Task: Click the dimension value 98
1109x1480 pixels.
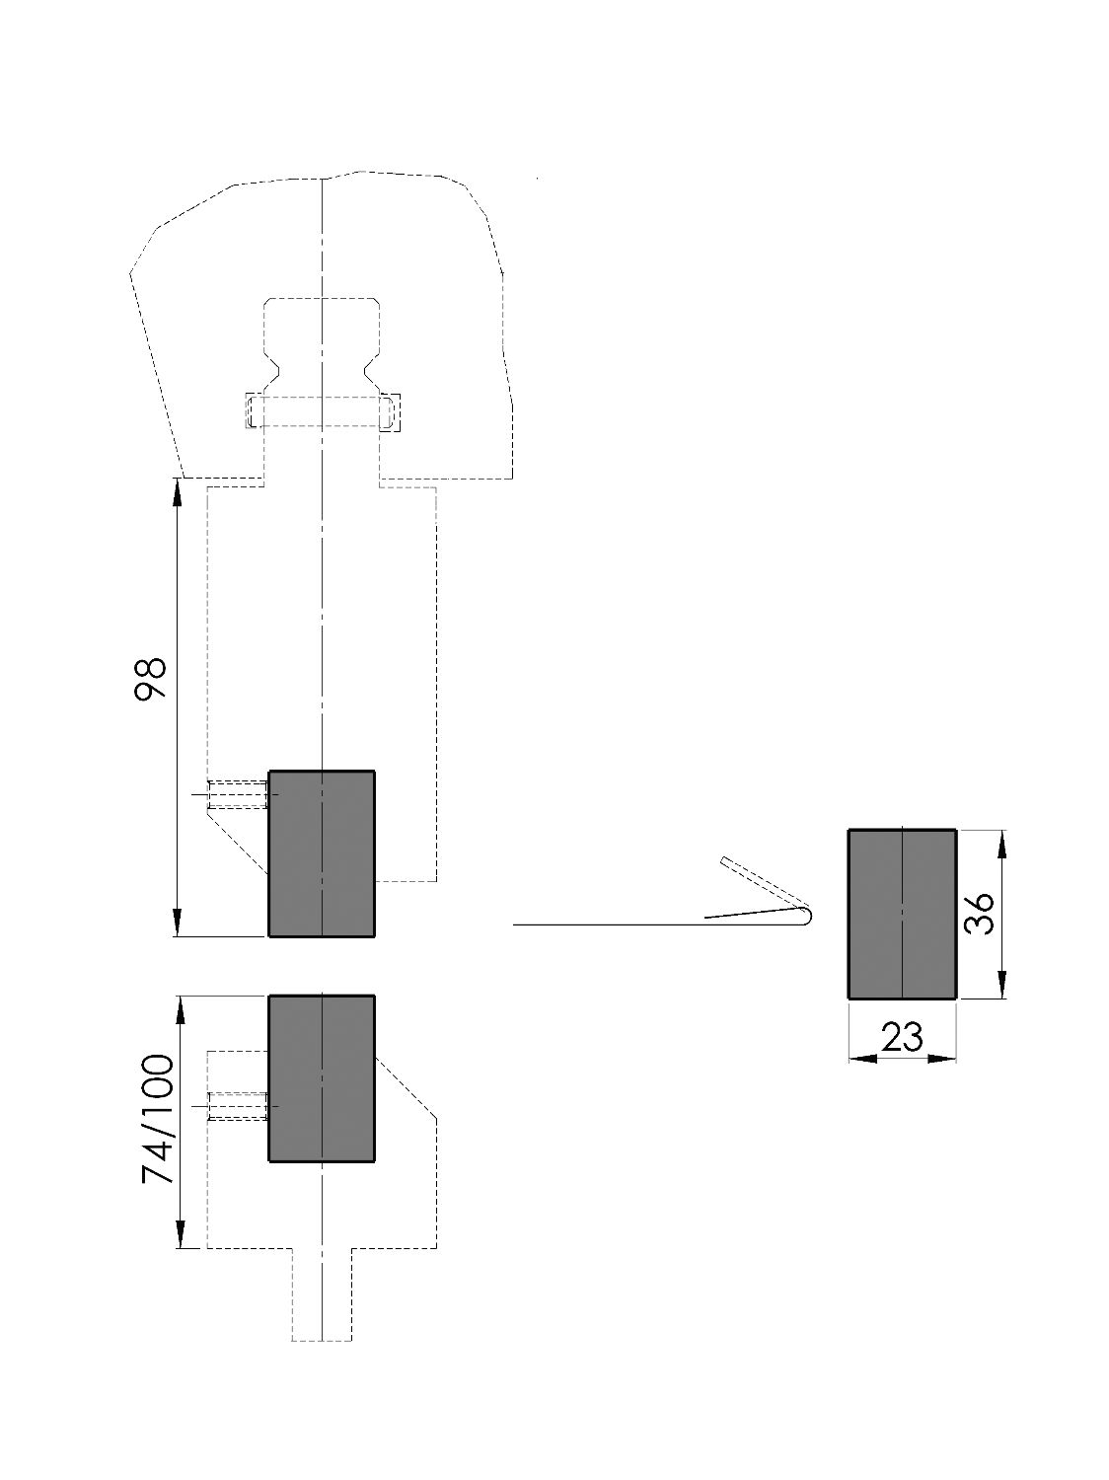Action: (151, 679)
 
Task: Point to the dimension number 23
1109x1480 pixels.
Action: (902, 1037)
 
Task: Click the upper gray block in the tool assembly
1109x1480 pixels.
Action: (322, 852)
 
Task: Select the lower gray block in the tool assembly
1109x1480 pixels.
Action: (322, 1077)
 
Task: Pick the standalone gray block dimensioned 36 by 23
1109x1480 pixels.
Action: (902, 914)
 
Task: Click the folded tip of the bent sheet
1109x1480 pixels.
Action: (806, 916)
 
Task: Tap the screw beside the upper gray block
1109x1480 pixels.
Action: (237, 793)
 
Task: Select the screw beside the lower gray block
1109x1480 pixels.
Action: (237, 1106)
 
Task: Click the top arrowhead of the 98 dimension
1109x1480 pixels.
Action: (178, 490)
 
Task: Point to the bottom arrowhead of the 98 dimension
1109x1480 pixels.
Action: (178, 924)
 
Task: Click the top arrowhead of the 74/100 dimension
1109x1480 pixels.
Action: (182, 1008)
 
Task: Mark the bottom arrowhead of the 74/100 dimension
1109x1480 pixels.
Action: (182, 1235)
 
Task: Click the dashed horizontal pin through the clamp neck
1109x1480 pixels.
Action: (322, 411)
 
